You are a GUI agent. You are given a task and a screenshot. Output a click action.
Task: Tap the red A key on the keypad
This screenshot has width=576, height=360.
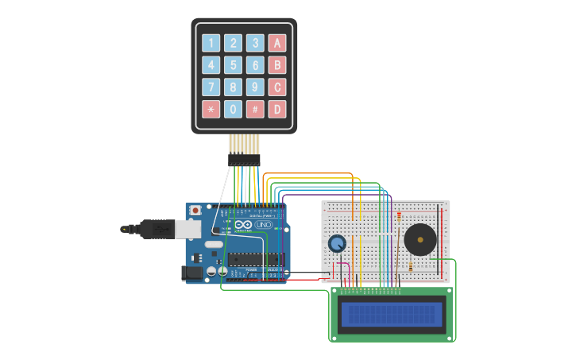(276, 44)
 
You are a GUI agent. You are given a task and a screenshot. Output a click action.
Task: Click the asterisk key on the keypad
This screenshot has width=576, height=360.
(211, 109)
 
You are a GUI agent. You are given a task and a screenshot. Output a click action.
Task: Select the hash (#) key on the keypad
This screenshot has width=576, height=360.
(255, 109)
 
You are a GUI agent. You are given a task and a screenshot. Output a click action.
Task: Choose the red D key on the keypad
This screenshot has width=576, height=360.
(276, 109)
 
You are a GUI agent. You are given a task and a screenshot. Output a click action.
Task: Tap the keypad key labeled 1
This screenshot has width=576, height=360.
(211, 44)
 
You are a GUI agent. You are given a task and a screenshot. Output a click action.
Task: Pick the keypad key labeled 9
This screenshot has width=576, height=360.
(255, 87)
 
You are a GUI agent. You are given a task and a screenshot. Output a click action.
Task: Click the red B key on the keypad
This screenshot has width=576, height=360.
(276, 65)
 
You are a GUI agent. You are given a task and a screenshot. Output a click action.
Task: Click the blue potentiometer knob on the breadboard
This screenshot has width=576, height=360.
(338, 243)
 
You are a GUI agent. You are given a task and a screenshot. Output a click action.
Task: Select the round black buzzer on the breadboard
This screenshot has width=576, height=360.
(419, 238)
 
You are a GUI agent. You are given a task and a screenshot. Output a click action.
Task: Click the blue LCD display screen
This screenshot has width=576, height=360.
(391, 314)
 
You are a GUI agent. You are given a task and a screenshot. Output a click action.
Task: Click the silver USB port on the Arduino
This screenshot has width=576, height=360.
(188, 229)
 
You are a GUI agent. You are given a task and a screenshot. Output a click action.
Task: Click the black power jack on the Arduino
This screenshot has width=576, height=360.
(192, 273)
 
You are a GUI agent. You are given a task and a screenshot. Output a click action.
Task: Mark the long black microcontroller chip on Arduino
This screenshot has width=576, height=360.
(256, 258)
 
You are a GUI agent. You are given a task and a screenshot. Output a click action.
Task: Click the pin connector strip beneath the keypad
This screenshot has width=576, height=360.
(244, 160)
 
